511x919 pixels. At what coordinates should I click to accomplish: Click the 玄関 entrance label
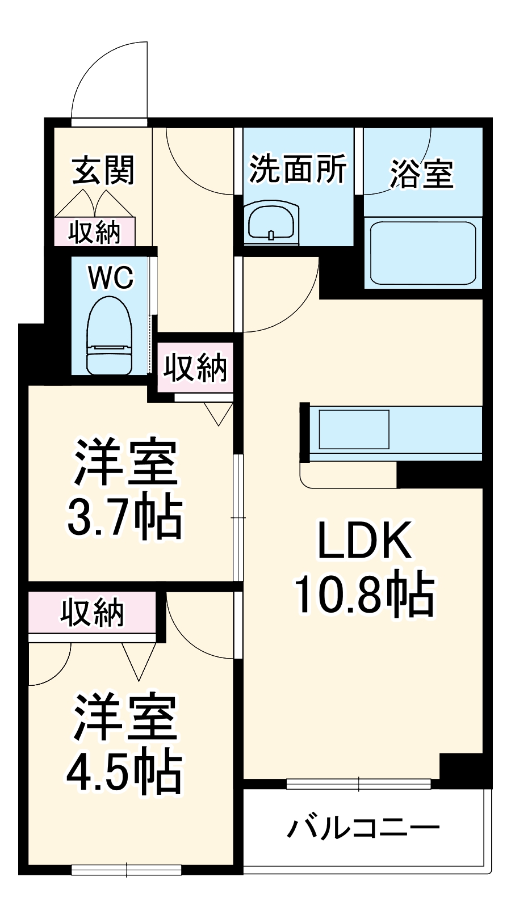pyautogui.click(x=103, y=170)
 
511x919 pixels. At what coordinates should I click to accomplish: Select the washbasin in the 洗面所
pyautogui.click(x=272, y=221)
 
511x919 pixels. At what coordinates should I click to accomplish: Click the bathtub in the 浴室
pyautogui.click(x=422, y=253)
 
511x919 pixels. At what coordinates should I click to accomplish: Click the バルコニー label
pyautogui.click(x=363, y=829)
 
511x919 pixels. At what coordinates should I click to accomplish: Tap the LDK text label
pyautogui.click(x=364, y=541)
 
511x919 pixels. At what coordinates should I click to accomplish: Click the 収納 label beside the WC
pyautogui.click(x=195, y=368)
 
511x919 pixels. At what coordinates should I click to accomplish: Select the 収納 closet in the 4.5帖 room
pyautogui.click(x=92, y=613)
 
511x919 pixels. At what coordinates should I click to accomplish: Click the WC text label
pyautogui.click(x=111, y=278)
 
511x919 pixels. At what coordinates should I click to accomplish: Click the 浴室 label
pyautogui.click(x=421, y=173)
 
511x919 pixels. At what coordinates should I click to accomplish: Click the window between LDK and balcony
pyautogui.click(x=359, y=784)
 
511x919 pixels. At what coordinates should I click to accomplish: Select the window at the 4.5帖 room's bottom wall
pyautogui.click(x=126, y=870)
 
